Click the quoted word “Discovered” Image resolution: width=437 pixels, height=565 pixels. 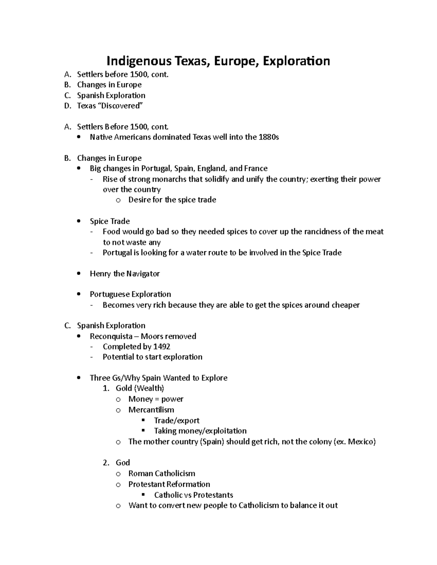point(121,106)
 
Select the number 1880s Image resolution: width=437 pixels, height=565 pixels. point(268,137)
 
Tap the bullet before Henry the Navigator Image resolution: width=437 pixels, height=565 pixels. point(79,274)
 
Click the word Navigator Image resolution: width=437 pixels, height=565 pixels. point(143,274)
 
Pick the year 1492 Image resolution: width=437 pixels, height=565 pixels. point(162,347)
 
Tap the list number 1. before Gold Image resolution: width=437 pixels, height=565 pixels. point(106,389)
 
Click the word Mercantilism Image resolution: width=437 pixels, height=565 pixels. point(151,410)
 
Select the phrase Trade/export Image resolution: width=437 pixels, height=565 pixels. point(177,421)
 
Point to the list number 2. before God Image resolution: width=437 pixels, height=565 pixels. point(106,463)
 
